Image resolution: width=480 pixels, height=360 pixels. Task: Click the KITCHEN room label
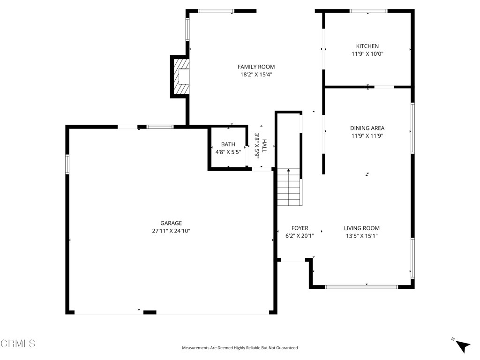click(367, 46)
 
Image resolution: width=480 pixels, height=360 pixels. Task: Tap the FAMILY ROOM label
click(256, 67)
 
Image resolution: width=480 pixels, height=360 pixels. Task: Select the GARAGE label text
click(171, 223)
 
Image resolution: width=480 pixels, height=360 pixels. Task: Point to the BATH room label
click(228, 144)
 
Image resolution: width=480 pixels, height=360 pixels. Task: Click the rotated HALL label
click(264, 145)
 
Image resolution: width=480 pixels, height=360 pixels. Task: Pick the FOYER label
click(300, 228)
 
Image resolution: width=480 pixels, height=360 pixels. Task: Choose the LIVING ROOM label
click(362, 228)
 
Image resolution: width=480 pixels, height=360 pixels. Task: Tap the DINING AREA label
click(367, 128)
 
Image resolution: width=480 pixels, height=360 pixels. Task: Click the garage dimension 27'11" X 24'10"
click(171, 231)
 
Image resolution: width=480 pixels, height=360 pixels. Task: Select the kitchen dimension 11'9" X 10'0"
click(367, 54)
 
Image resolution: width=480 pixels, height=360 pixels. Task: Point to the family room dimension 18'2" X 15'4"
click(256, 75)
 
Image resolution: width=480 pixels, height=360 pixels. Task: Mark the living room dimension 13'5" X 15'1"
click(362, 236)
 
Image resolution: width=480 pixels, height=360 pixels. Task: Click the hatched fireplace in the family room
click(181, 76)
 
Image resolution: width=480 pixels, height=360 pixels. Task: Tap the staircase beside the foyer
click(290, 187)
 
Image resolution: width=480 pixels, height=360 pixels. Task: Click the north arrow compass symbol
click(462, 345)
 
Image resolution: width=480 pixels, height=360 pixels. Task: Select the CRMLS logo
click(18, 343)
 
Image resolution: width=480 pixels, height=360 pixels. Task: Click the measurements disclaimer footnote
click(240, 348)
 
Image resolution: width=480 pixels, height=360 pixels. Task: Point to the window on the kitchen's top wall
click(368, 11)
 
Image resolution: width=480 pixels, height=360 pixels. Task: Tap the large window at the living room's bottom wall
click(361, 287)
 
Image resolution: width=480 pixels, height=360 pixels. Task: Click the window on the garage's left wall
click(67, 165)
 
